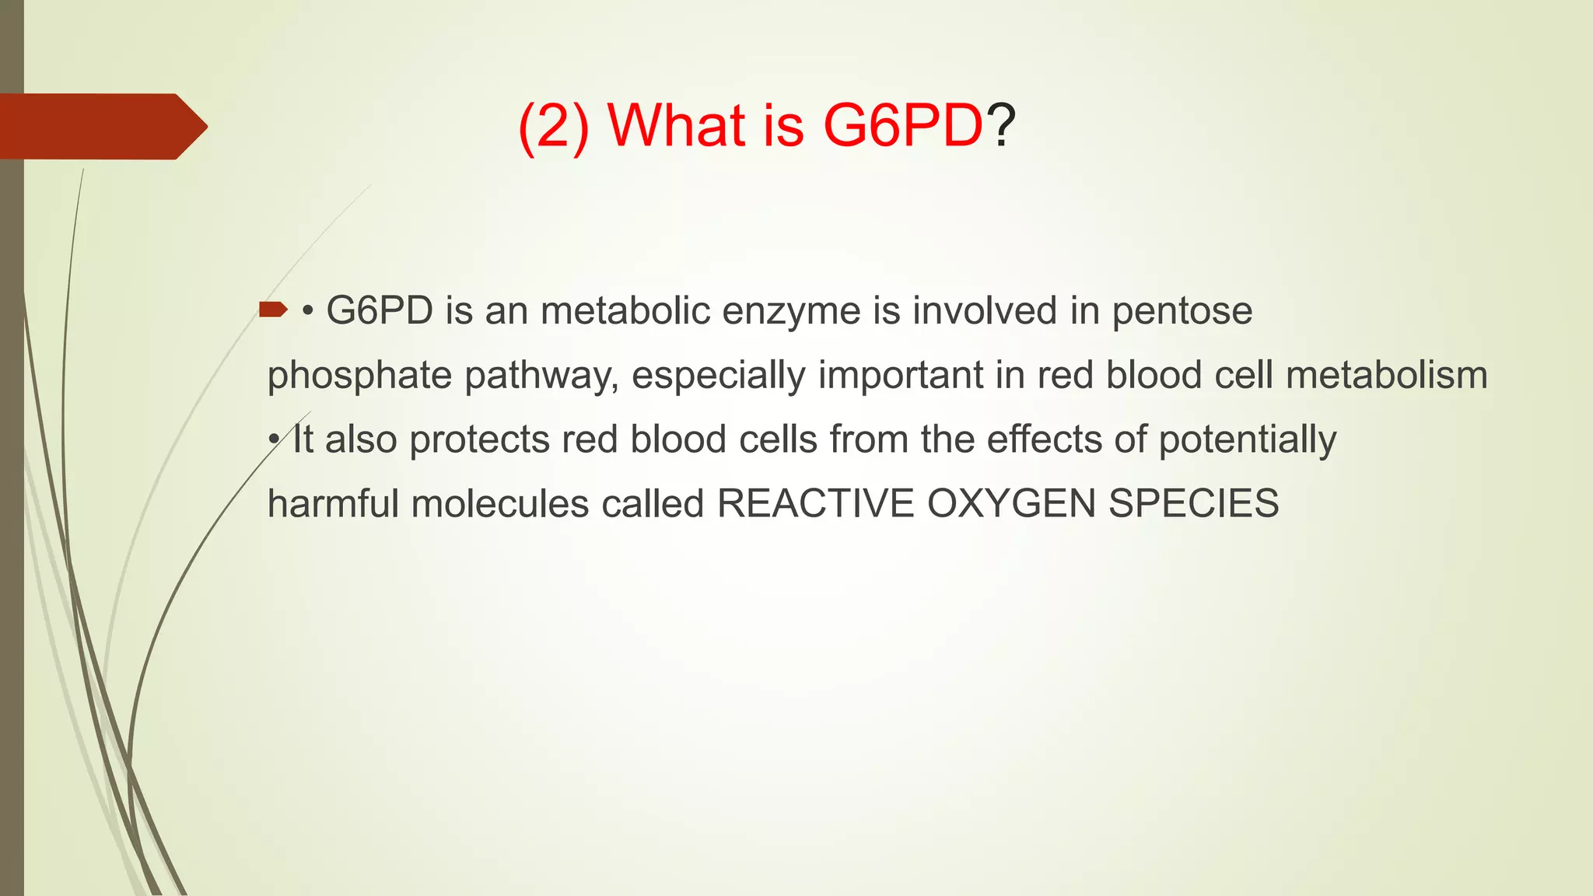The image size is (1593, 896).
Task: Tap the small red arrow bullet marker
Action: pos(273,310)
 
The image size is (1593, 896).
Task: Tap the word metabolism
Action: pos(1386,375)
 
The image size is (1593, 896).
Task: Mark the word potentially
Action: pos(1247,440)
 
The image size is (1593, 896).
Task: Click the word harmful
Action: pos(333,503)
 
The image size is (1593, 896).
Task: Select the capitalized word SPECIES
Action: pos(1193,503)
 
